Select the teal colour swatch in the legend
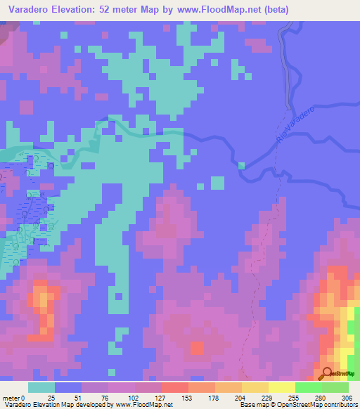tap(41, 387)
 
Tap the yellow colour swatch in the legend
tap(282, 387)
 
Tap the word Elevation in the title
tap(76, 11)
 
